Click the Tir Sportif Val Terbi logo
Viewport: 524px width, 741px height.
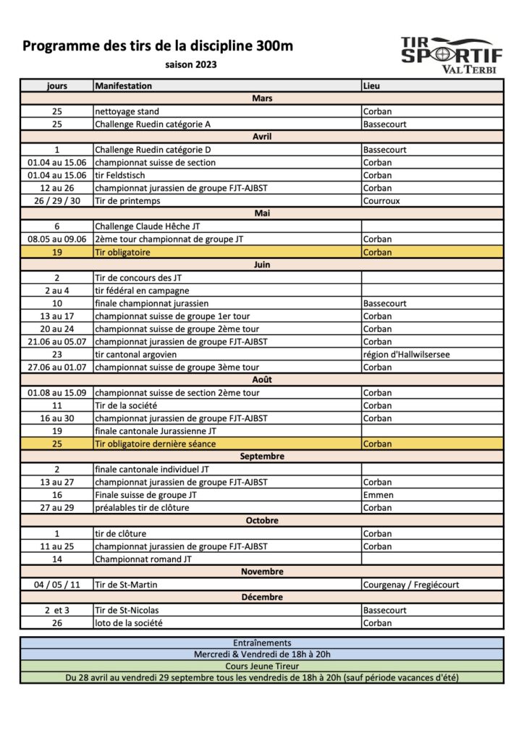pos(452,55)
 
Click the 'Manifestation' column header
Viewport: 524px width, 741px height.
pos(123,86)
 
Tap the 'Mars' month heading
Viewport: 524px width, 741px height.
pos(262,98)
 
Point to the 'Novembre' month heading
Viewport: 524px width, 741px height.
pos(262,572)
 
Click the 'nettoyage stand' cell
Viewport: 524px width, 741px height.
pos(127,111)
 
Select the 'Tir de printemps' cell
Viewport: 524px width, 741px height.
pos(127,200)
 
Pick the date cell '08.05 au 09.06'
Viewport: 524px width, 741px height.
pos(57,239)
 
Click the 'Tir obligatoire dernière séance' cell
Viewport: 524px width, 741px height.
pos(156,444)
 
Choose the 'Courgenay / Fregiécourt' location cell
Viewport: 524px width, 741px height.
pos(411,585)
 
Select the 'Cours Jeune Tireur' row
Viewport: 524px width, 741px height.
pos(262,666)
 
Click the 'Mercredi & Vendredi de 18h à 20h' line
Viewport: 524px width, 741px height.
pos(262,654)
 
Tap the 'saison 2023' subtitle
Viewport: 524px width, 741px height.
pos(190,64)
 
